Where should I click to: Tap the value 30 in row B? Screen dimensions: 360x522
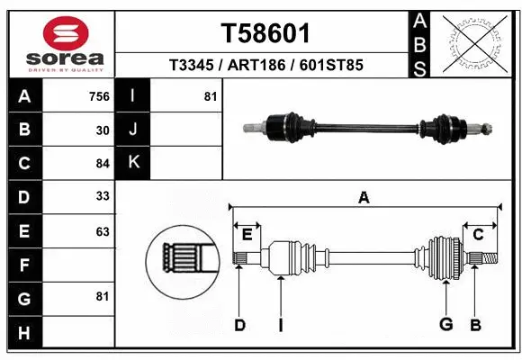[x=103, y=130]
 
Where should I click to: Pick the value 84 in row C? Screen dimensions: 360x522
[x=103, y=164]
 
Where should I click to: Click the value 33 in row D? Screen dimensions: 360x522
[x=103, y=196]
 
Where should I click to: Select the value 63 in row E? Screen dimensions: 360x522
[x=103, y=231]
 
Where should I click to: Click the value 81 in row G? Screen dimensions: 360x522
[x=103, y=295]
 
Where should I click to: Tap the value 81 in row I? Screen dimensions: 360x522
[x=211, y=96]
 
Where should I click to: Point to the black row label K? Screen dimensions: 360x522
[x=133, y=163]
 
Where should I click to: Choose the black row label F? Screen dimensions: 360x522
[x=23, y=265]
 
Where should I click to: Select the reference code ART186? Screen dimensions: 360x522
[x=265, y=66]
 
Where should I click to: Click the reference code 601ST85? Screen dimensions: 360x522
[x=331, y=66]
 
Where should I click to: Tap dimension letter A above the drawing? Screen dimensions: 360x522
[x=364, y=198]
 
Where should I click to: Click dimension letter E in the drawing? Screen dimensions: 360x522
[x=247, y=235]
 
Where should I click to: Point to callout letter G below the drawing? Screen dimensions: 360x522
[x=445, y=325]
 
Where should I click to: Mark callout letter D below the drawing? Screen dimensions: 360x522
[x=239, y=325]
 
